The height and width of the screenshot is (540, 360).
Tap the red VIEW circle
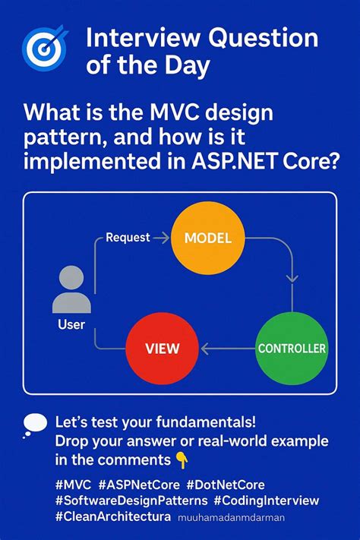(163, 349)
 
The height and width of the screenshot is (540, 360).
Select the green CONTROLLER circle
(291, 349)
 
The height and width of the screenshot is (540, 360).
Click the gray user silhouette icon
(71, 290)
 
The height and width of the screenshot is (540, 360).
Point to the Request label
(128, 238)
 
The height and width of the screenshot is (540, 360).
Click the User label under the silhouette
(71, 325)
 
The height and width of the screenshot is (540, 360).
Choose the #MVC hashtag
(73, 483)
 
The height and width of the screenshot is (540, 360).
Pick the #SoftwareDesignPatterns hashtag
(131, 501)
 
